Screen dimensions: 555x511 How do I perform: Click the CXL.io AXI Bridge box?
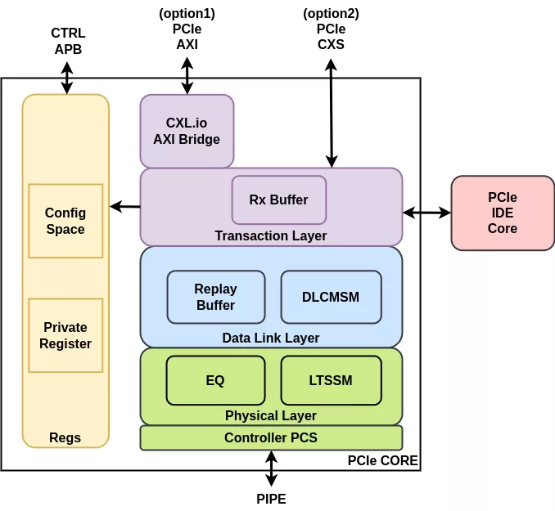coord(187,131)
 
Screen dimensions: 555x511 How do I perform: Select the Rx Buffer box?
coord(279,199)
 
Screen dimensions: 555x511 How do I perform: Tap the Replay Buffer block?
coord(216,297)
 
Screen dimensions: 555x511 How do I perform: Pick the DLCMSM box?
coord(331,297)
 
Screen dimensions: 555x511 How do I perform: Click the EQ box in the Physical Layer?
coord(215,380)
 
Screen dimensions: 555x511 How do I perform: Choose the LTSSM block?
coord(331,380)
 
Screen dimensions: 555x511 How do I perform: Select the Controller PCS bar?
coord(271,437)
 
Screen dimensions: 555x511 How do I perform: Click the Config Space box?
coord(65,221)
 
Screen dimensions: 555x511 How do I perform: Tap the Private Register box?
coord(65,335)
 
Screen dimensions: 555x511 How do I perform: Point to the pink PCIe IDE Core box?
coord(503,213)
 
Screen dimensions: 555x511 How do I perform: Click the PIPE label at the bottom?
coord(271,499)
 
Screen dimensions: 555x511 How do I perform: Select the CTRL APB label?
coord(68,41)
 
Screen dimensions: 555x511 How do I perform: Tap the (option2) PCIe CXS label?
coord(331,29)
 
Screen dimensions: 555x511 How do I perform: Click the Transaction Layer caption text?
coord(271,235)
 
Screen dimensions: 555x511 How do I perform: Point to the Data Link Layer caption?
coord(271,338)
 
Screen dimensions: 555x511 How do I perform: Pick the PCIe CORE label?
coord(382,461)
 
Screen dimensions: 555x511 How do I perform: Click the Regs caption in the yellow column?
coord(65,437)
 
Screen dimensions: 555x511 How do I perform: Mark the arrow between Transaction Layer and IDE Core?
coord(426,213)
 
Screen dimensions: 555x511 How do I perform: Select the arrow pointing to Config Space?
coord(125,207)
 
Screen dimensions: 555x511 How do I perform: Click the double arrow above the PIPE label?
coord(271,468)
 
